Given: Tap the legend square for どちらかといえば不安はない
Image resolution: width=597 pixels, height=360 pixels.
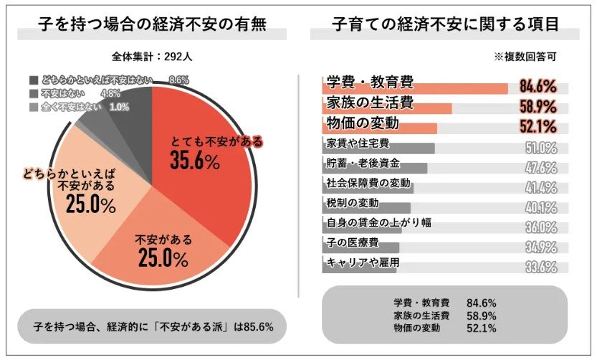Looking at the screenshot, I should [x=34, y=80].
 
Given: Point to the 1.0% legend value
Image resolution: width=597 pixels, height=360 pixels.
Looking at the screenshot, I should [x=120, y=107].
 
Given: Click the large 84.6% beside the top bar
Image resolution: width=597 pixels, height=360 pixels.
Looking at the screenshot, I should [x=538, y=87].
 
